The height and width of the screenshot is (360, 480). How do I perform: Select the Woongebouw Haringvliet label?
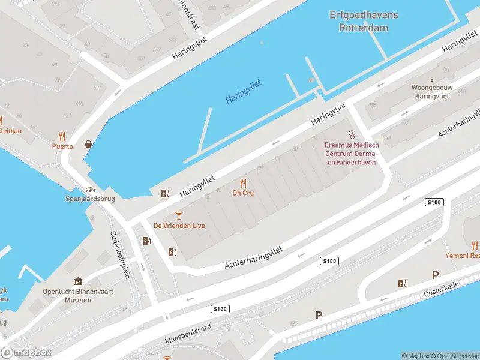tap(431, 91)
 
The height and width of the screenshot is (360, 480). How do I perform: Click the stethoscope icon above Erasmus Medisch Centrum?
tap(352, 136)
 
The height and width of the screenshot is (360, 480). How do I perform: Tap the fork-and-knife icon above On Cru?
tap(243, 182)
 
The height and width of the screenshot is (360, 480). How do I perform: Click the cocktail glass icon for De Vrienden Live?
tap(179, 215)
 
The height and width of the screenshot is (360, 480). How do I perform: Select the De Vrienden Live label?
tap(179, 226)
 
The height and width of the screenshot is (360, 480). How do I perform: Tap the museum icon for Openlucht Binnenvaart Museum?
tap(78, 282)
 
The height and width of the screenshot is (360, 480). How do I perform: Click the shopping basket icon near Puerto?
tap(89, 143)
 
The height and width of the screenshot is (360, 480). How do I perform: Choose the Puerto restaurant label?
tap(62, 146)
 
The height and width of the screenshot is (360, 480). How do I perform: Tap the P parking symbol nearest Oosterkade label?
tap(435, 275)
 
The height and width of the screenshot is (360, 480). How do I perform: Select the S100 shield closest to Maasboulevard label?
tap(220, 308)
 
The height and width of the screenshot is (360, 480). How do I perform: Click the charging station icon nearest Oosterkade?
tap(401, 283)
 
